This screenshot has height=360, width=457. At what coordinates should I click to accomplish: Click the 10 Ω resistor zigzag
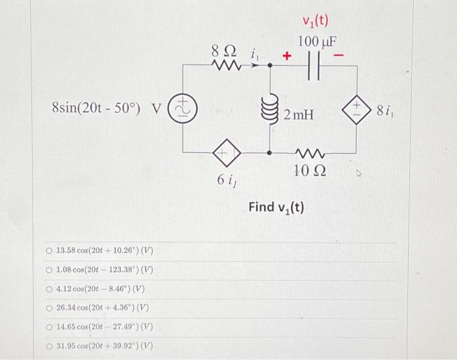click(x=306, y=154)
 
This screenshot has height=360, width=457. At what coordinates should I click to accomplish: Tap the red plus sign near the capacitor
click(x=285, y=57)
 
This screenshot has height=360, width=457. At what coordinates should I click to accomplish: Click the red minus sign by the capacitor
click(x=338, y=57)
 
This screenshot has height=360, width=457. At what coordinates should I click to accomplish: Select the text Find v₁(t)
click(x=276, y=208)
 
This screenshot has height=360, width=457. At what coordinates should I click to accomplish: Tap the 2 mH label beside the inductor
click(x=300, y=115)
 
